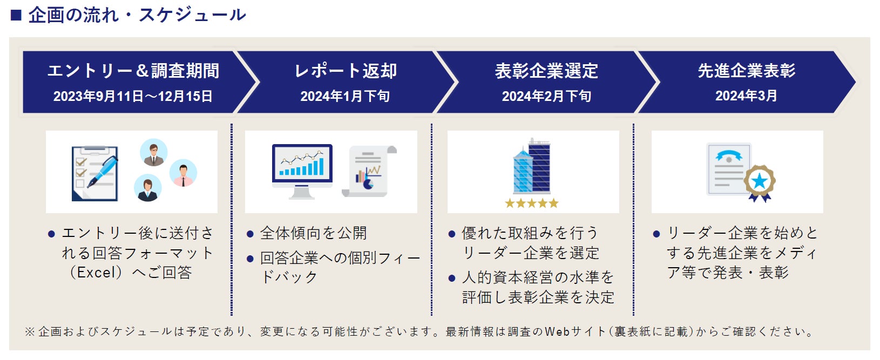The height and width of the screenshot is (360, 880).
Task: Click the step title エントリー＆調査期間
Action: pyautogui.click(x=133, y=71)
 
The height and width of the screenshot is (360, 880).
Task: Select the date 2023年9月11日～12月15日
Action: pyautogui.click(x=133, y=96)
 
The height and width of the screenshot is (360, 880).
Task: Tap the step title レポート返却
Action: pyautogui.click(x=346, y=71)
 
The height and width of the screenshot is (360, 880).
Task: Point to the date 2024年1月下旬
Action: pyautogui.click(x=345, y=96)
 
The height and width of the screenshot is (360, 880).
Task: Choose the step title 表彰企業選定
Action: pyautogui.click(x=546, y=71)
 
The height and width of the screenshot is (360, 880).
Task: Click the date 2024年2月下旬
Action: pyautogui.click(x=546, y=96)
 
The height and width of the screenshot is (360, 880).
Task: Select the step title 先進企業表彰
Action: pyautogui.click(x=746, y=71)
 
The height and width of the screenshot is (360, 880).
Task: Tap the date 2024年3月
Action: pyautogui.click(x=746, y=96)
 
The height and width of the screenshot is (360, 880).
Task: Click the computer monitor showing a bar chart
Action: pyautogui.click(x=302, y=167)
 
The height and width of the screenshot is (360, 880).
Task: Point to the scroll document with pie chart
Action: pyautogui.click(x=369, y=172)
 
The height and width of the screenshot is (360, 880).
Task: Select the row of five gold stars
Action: pyautogui.click(x=532, y=203)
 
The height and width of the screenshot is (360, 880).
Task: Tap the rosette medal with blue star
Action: pyautogui.click(x=760, y=182)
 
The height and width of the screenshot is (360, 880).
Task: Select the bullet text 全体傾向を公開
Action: pyautogui.click(x=313, y=233)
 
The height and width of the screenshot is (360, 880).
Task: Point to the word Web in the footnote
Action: pyautogui.click(x=557, y=331)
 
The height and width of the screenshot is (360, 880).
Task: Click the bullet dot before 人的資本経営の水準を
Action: pyautogui.click(x=452, y=279)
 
